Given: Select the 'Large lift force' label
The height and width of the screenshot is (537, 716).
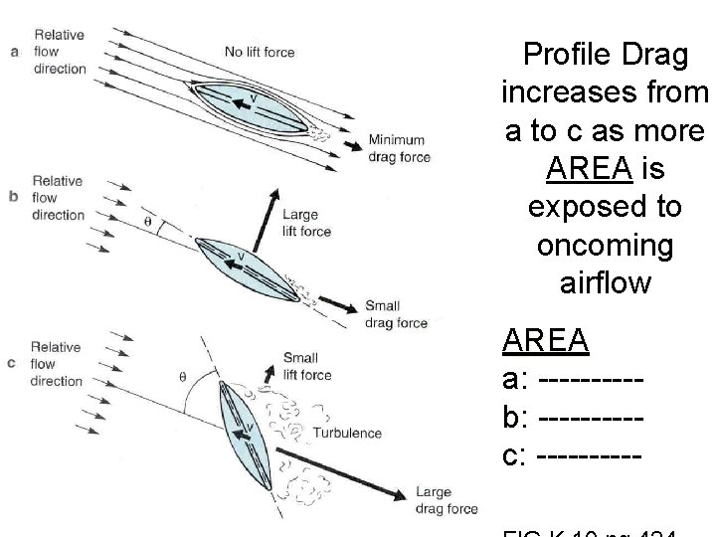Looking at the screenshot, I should point(306,223).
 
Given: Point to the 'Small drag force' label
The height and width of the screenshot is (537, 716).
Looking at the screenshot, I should point(396,314).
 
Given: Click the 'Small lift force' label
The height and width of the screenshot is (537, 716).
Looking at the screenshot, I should point(306,366).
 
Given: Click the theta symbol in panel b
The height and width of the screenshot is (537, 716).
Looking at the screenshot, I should point(150,221).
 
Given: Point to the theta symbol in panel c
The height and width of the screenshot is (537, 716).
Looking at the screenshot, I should point(181,376).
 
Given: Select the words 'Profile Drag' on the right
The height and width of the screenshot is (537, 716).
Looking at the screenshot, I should point(605,55).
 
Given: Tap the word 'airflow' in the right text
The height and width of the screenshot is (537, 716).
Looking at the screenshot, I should point(605,282).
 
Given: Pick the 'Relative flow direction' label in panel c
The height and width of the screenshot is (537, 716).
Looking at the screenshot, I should point(56,364).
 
